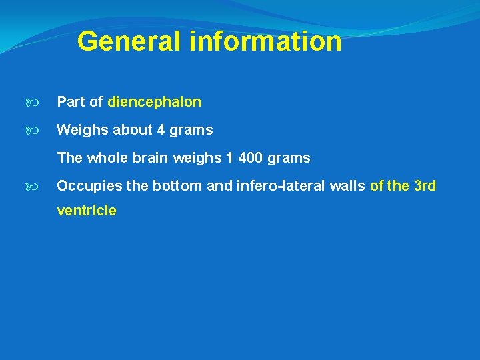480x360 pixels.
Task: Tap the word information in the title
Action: click(265, 41)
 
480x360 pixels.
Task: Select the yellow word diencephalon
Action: click(154, 102)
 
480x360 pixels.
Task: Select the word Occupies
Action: click(89, 186)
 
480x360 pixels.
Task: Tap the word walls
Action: click(346, 186)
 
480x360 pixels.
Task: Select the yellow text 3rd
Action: click(425, 186)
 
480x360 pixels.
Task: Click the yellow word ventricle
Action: click(87, 211)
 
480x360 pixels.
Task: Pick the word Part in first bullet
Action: click(71, 102)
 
